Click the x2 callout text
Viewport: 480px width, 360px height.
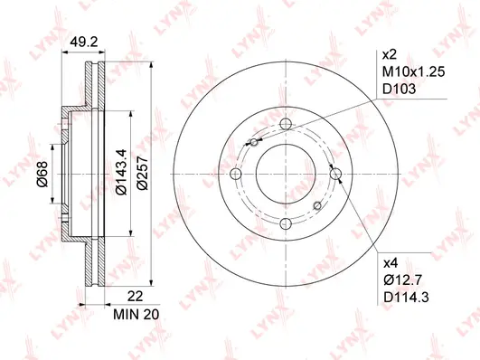(391, 53)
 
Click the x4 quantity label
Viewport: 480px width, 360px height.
(391, 262)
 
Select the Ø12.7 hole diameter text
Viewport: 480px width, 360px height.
(403, 279)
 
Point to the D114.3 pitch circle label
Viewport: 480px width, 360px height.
(408, 297)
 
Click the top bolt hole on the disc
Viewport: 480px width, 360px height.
(287, 125)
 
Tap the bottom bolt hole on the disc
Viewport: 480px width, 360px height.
(287, 223)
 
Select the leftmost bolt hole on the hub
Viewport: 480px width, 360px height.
(238, 175)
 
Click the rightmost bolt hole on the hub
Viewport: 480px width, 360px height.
(335, 174)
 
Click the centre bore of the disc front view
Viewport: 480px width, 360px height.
(287, 175)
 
